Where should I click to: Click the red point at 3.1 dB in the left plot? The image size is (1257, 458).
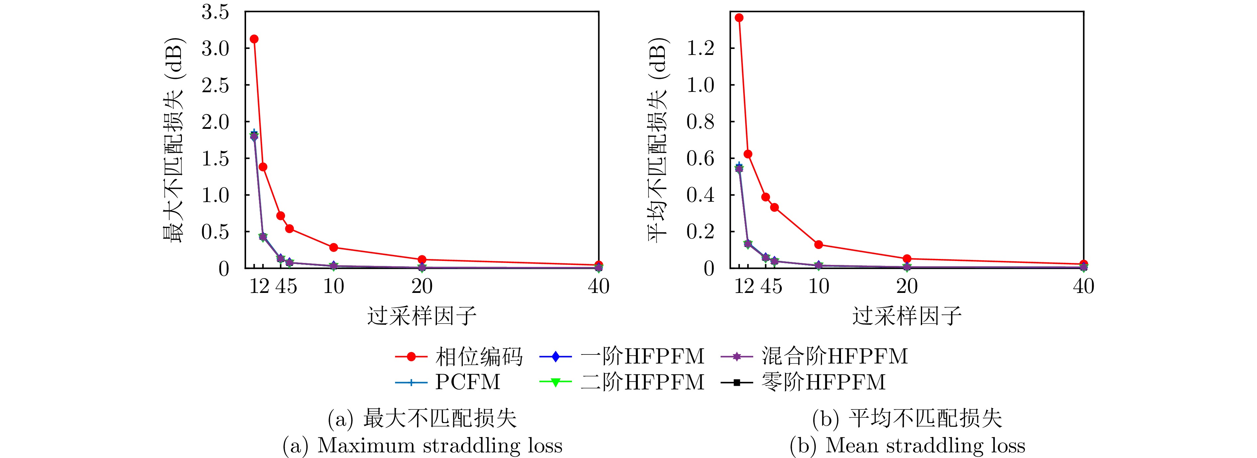[254, 39]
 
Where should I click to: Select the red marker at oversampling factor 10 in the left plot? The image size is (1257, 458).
[334, 248]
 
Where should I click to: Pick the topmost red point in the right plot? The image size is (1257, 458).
[739, 18]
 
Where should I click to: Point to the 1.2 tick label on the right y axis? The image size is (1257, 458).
[700, 48]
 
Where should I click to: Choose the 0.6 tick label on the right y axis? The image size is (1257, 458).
[700, 158]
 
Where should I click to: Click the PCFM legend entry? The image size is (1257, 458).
[448, 382]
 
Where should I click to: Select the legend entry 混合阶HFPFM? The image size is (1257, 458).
[814, 356]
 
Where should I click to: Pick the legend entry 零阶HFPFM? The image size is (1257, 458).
[803, 382]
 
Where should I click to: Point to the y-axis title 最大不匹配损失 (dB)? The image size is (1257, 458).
[173, 140]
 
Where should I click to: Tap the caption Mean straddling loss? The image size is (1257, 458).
[925, 445]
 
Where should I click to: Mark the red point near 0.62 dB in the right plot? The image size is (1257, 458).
[748, 154]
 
